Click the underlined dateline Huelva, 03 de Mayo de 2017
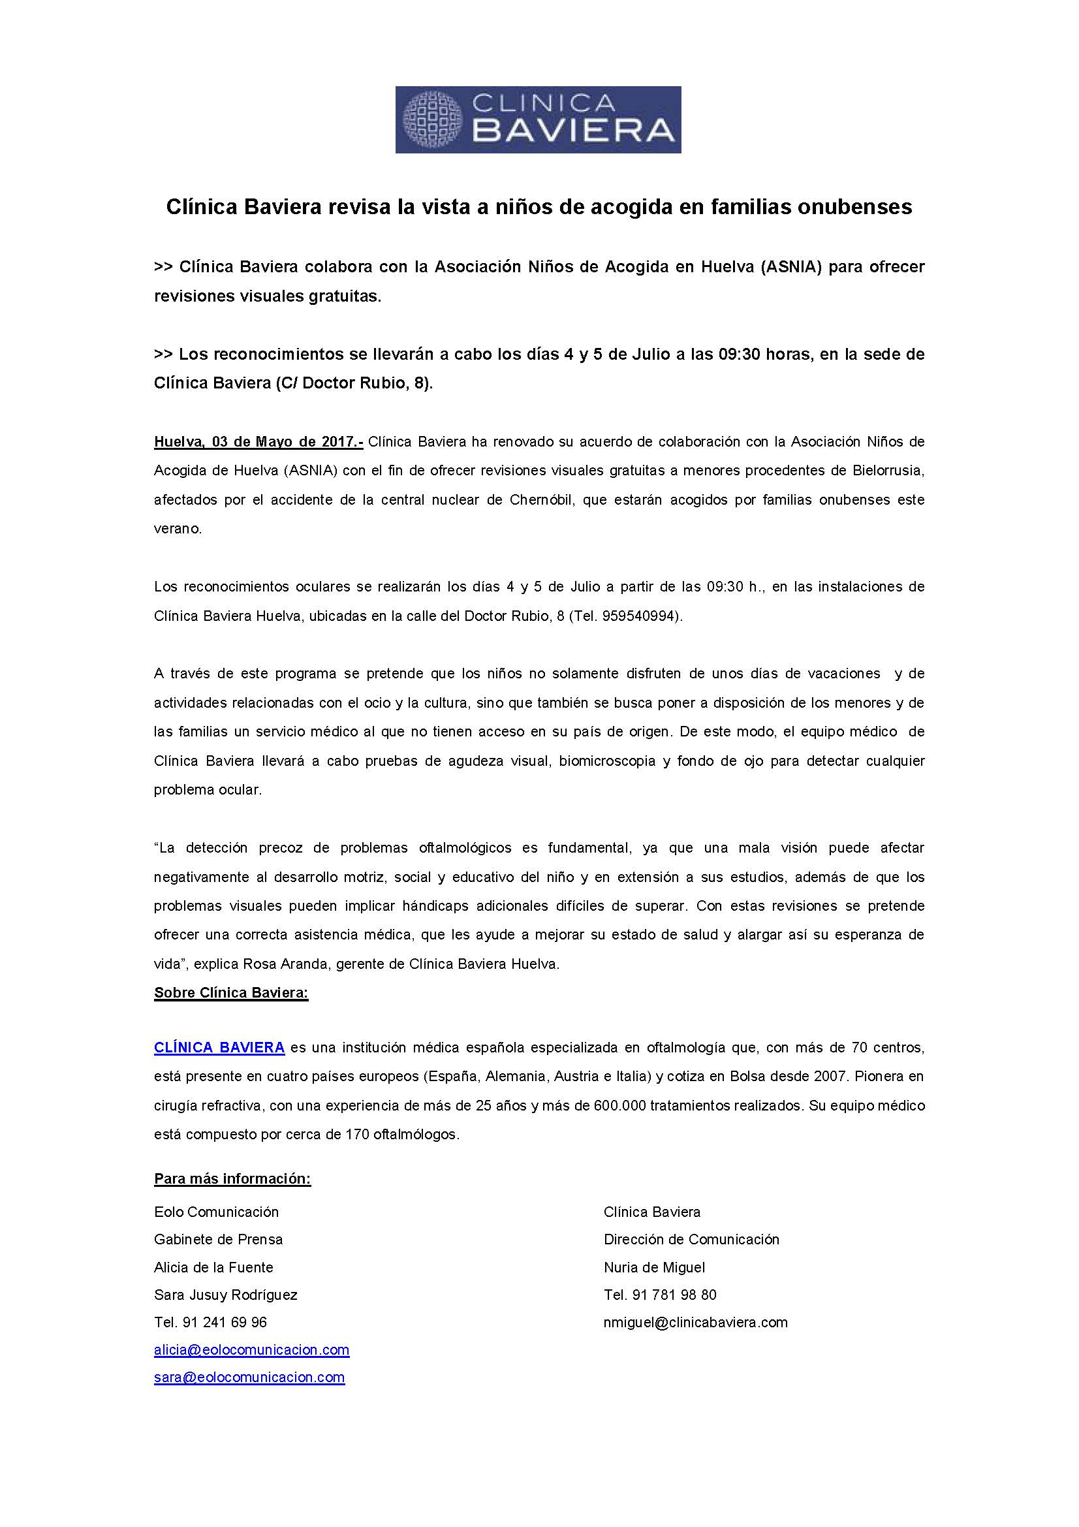pyautogui.click(x=258, y=441)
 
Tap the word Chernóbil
pyautogui.click(x=541, y=500)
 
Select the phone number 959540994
pyautogui.click(x=640, y=616)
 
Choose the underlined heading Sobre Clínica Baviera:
pyautogui.click(x=231, y=993)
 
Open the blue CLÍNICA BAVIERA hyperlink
pyautogui.click(x=219, y=1047)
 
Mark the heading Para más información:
pyautogui.click(x=232, y=1179)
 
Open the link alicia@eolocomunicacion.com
pyautogui.click(x=251, y=1350)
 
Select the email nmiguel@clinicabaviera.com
pyautogui.click(x=695, y=1323)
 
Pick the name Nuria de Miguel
pyautogui.click(x=654, y=1268)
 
